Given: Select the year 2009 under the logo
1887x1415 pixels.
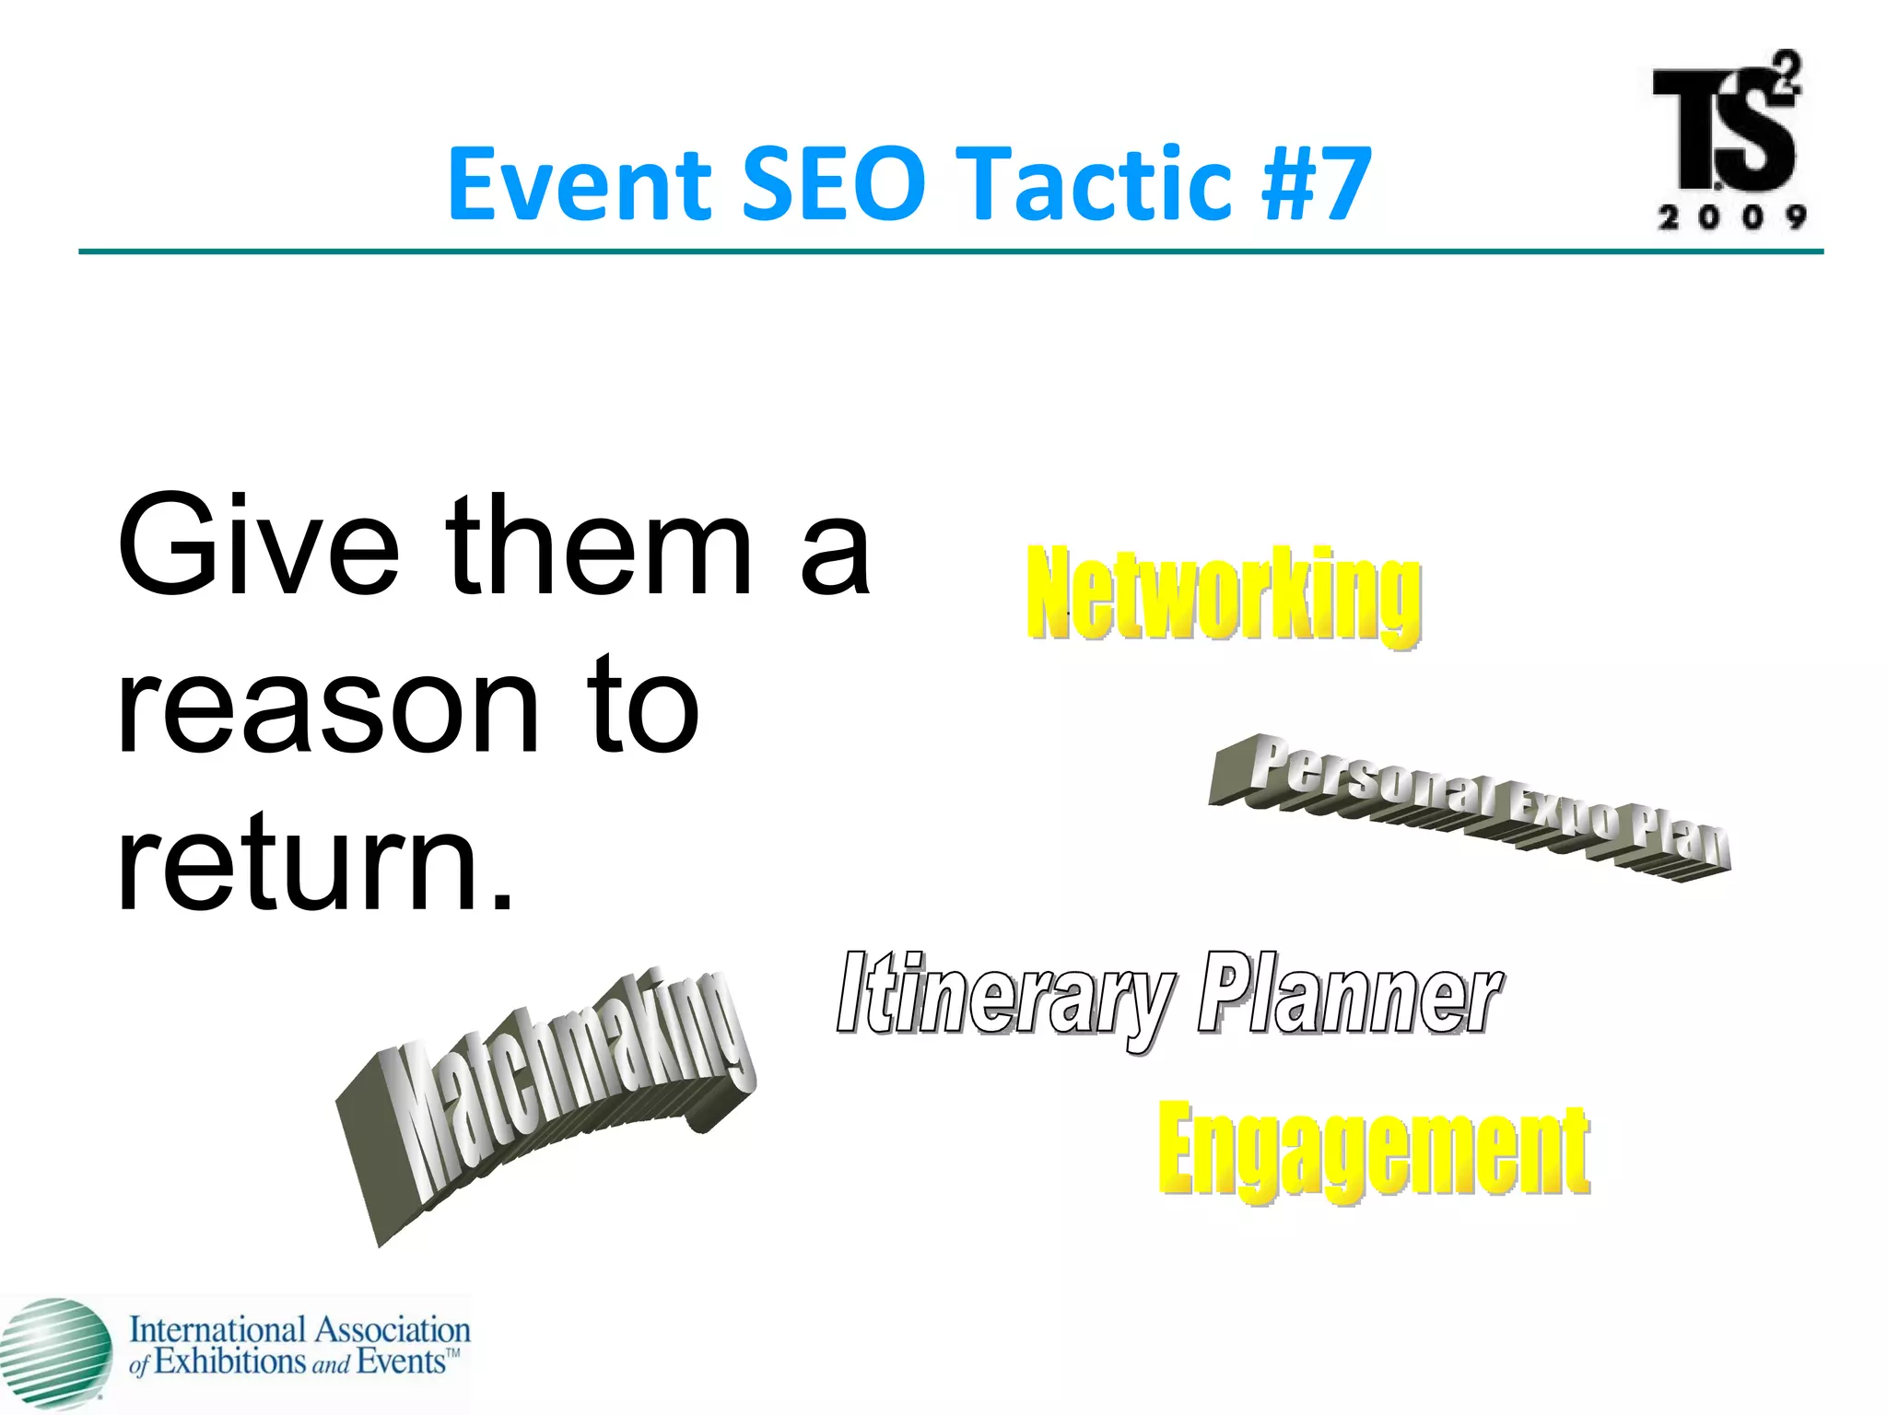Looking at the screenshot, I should pos(1730,217).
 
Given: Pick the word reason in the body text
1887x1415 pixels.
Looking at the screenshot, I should pos(326,705).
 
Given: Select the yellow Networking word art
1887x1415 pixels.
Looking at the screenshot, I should pos(1224,594).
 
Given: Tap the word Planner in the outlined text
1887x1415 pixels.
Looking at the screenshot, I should pos(1349,995).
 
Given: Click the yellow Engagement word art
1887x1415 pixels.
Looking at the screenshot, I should pos(1373,1152).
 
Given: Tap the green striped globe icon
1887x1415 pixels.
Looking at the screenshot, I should pos(55,1352).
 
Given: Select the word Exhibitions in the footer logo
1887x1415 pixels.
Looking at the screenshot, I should pos(229,1362).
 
